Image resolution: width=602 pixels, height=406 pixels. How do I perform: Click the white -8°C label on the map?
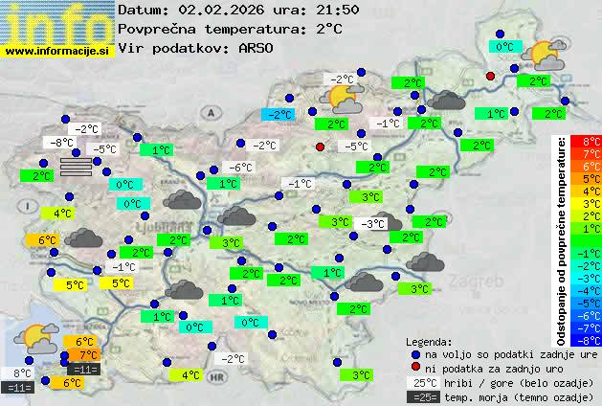(x=63, y=143)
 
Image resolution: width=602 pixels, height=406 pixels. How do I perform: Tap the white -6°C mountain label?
(x=239, y=167)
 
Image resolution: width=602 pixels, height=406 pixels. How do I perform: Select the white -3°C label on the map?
(x=370, y=223)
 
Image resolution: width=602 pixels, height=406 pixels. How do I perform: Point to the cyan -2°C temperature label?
(x=278, y=115)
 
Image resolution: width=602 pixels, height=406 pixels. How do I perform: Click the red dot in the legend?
(x=415, y=368)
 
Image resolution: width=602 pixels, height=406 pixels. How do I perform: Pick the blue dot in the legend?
(x=415, y=353)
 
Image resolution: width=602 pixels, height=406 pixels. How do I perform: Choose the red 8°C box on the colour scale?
(x=591, y=142)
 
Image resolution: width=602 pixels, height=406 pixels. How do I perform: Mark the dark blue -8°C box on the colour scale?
(x=591, y=339)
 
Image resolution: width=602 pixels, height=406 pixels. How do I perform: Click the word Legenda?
(x=429, y=341)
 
